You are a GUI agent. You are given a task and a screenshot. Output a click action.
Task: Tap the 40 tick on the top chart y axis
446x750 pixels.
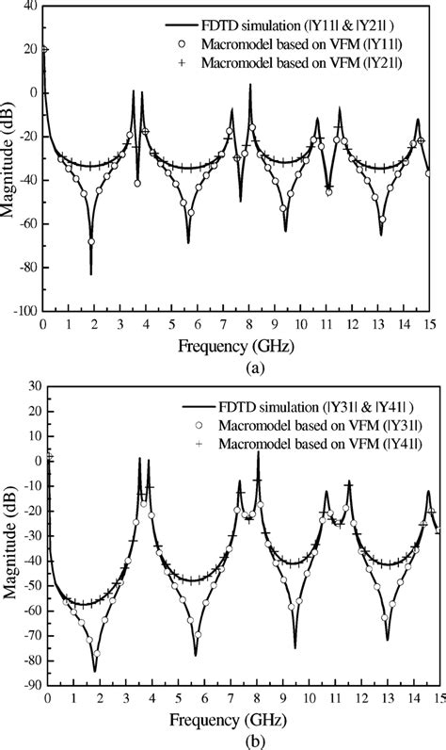28,7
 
